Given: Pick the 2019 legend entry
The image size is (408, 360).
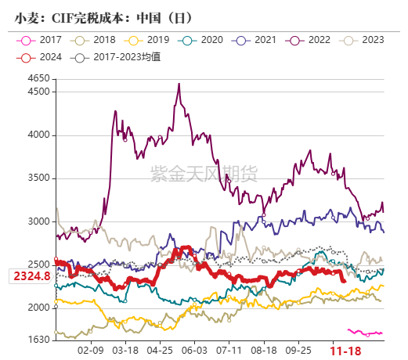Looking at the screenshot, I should [x=146, y=39].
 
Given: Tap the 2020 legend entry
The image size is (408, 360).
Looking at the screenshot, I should [x=201, y=39].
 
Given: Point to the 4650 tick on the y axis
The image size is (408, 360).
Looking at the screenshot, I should [x=38, y=78].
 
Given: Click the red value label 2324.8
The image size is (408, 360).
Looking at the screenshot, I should [x=31, y=276].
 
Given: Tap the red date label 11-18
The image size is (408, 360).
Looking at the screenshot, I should [x=345, y=351].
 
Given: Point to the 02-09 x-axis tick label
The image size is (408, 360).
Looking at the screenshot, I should [x=91, y=351].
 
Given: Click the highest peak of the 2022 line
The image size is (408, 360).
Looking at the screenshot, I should [x=179, y=84].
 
